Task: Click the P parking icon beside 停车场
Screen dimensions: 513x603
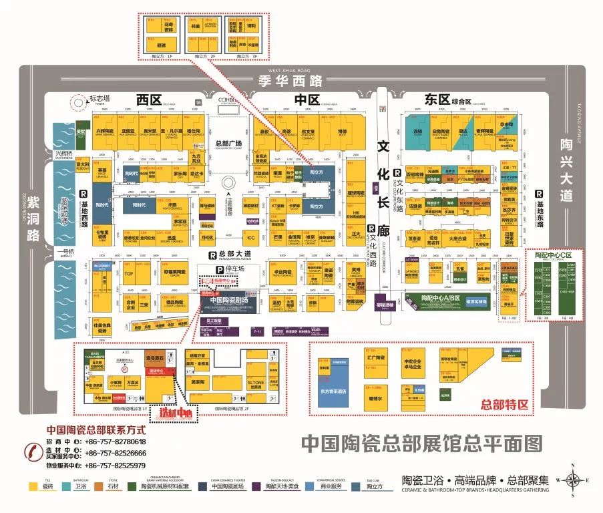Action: (x=217, y=270)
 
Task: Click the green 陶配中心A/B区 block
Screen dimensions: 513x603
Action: (x=440, y=297)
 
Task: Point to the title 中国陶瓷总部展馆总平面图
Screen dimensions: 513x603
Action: (x=421, y=443)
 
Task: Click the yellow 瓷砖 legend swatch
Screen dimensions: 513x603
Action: (x=31, y=487)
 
